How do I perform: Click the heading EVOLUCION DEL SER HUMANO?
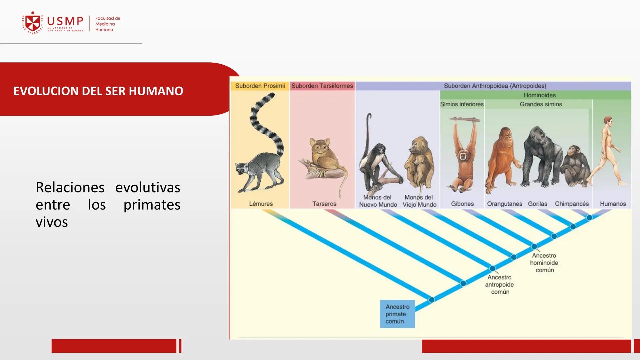tap(98, 91)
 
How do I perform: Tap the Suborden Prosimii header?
tap(260, 86)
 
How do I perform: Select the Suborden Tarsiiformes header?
tap(322, 86)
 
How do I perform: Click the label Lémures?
tap(261, 204)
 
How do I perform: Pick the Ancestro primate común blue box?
tap(397, 314)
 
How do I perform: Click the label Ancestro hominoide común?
tap(544, 263)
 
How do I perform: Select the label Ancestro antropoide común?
tap(499, 284)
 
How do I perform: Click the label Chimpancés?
tap(572, 204)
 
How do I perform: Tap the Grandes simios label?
tap(541, 104)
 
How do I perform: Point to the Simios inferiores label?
tap(462, 104)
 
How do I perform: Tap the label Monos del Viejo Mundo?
tap(419, 201)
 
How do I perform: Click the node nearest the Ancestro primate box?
tap(431, 300)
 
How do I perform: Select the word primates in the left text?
tap(152, 205)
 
